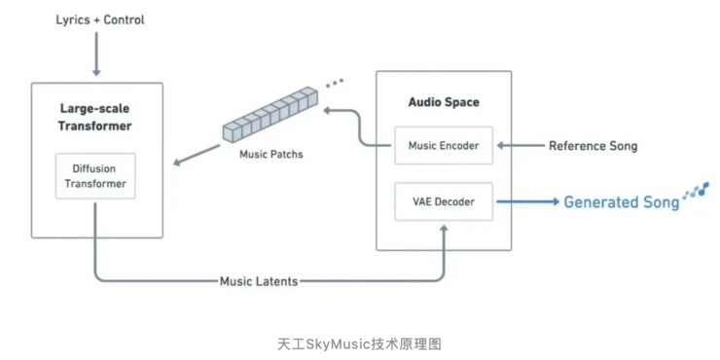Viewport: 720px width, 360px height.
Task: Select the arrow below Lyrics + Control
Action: click(95, 56)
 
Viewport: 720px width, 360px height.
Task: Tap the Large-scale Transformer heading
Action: click(95, 117)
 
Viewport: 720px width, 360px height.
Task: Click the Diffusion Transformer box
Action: click(95, 176)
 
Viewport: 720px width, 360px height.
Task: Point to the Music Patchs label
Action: click(270, 155)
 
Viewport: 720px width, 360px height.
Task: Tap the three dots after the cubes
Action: click(335, 84)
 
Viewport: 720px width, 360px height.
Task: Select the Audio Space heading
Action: click(443, 102)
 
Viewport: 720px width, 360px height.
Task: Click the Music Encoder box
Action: click(443, 146)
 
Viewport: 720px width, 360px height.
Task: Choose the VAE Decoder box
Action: click(443, 202)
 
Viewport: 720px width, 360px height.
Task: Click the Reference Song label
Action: click(593, 146)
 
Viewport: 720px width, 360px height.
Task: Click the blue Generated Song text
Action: click(621, 202)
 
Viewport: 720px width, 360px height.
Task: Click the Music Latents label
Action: click(258, 281)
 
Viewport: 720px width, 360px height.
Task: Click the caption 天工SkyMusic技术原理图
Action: click(359, 343)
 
